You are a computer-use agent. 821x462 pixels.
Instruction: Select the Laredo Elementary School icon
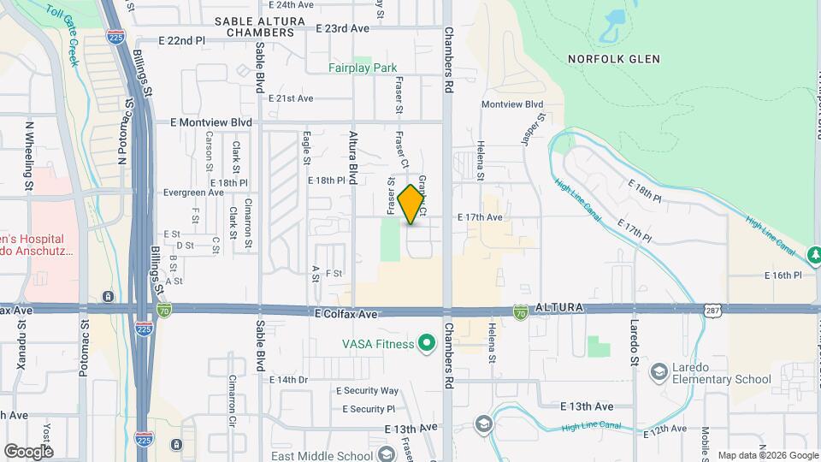[x=659, y=371]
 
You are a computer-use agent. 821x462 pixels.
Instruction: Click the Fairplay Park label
[x=363, y=68]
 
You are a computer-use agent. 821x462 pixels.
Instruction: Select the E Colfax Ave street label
[x=346, y=314]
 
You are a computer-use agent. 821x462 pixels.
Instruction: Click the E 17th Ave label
[x=479, y=217]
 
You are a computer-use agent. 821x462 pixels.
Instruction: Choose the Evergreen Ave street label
[x=193, y=192]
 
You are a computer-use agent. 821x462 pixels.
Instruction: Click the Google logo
[x=28, y=451]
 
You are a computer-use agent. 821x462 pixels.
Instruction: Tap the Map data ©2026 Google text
[x=766, y=455]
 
